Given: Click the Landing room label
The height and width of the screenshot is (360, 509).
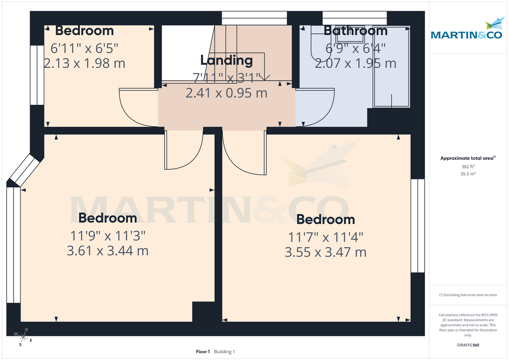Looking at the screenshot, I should tap(227, 60).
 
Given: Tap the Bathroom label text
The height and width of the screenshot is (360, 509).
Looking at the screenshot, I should tap(355, 31).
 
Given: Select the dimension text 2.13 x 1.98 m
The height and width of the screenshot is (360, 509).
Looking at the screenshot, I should tap(84, 63).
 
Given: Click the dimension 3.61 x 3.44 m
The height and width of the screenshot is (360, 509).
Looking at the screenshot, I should tap(107, 251).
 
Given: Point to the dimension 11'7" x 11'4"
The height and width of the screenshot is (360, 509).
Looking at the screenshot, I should tap(325, 236).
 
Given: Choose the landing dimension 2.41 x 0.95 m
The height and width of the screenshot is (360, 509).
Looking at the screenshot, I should tap(227, 92).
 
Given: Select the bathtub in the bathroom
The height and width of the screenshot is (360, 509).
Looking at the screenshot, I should tap(391, 68).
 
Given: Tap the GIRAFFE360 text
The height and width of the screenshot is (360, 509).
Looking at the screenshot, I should tap(468, 345).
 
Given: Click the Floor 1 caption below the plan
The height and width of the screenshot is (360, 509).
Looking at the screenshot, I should tap(203, 352).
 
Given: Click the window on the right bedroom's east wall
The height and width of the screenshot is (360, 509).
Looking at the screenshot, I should tap(417, 225).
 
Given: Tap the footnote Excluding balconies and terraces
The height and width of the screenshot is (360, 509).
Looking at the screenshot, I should tap(468, 295).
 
